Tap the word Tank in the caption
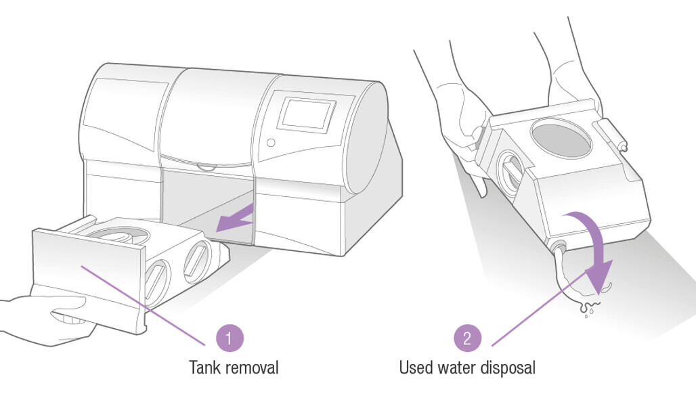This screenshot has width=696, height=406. [205, 368]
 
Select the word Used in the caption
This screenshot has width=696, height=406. [416, 368]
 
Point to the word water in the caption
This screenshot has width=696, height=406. [460, 368]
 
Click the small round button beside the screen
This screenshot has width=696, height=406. [271, 143]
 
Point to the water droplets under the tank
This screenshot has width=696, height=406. [587, 310]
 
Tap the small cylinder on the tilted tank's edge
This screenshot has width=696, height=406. [611, 135]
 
